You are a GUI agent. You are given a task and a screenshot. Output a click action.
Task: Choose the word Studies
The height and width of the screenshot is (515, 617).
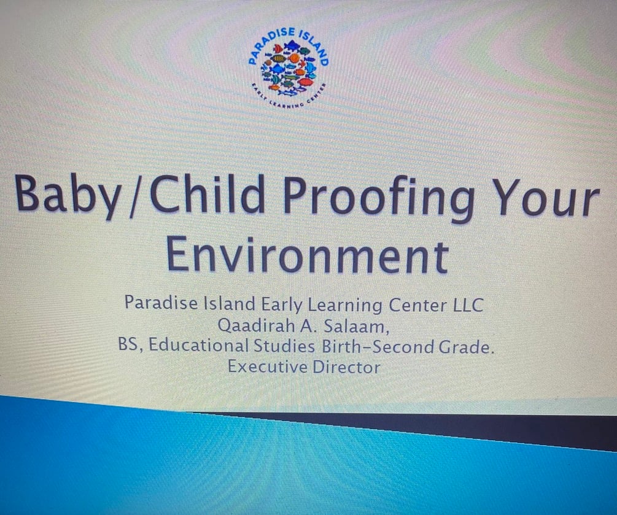point(285,347)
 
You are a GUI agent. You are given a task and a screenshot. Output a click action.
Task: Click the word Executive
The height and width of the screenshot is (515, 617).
point(265,368)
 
